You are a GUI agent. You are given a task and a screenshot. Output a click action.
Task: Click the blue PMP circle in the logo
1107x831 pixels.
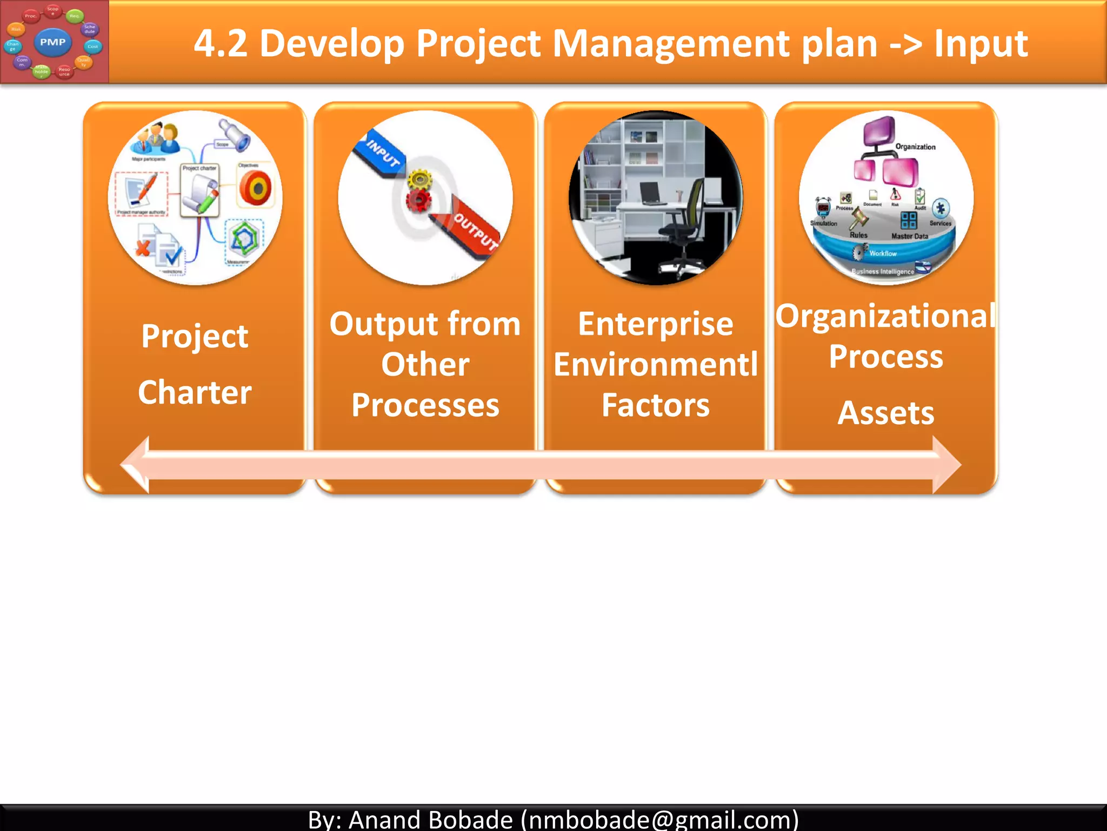coord(52,42)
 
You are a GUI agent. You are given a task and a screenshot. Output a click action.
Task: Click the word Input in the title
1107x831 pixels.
coord(981,43)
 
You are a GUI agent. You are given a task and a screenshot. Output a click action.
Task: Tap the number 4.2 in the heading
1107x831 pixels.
coord(221,43)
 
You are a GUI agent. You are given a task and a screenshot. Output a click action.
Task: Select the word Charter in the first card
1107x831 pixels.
coord(195,392)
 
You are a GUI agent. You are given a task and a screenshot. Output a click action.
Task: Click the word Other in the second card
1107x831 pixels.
coord(425,364)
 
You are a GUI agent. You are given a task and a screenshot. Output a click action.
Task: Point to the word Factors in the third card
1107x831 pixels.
coord(655,405)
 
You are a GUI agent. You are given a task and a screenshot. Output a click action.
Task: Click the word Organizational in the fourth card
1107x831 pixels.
coord(886,316)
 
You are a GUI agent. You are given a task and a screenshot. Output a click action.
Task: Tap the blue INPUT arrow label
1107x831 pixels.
coord(382,154)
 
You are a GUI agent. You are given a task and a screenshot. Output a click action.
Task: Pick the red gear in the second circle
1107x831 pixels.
coord(418,201)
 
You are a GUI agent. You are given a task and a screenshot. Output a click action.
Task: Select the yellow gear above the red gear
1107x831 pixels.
coord(420,179)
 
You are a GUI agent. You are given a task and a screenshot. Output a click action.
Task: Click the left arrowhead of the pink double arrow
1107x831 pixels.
coord(135,465)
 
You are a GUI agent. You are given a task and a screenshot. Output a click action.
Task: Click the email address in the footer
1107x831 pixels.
coord(659,819)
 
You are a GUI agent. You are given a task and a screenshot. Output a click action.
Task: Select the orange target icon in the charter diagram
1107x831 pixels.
coord(256,188)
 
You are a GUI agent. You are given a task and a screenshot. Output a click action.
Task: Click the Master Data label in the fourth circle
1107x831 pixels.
coord(910,236)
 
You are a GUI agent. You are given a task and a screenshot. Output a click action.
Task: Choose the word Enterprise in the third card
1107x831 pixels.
coord(655,324)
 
